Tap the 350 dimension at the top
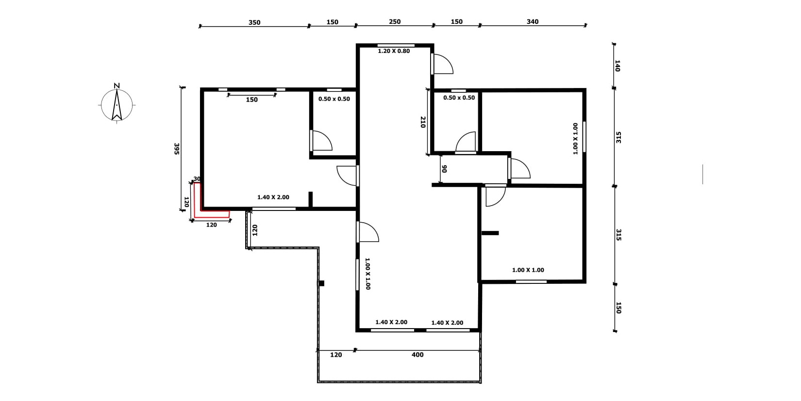tap(254, 22)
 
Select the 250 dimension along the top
tap(394, 22)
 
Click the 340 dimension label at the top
tap(533, 22)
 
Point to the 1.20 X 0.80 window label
tap(394, 51)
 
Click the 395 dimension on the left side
tap(176, 149)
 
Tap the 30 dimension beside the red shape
tap(197, 179)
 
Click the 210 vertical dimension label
tap(423, 122)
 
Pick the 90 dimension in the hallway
tap(444, 169)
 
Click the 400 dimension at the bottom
tap(417, 355)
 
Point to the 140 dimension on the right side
tap(617, 66)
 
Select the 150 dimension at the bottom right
tap(618, 308)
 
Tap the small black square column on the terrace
tap(321, 283)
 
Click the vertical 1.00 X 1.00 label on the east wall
tap(575, 139)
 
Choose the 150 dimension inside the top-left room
tap(251, 100)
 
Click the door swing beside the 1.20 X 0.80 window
tap(442, 64)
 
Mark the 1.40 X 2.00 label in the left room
tap(273, 197)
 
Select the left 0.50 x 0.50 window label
tap(334, 99)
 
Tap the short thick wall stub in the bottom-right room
tap(490, 233)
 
